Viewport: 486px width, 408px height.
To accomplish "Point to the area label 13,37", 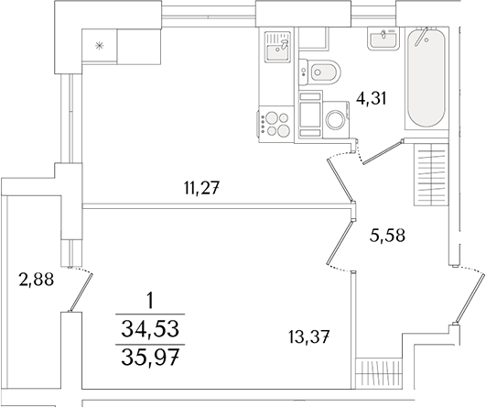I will (307, 336).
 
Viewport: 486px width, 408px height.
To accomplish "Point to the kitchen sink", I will (276, 45).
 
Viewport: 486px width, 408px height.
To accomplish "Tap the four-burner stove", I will (277, 120).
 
